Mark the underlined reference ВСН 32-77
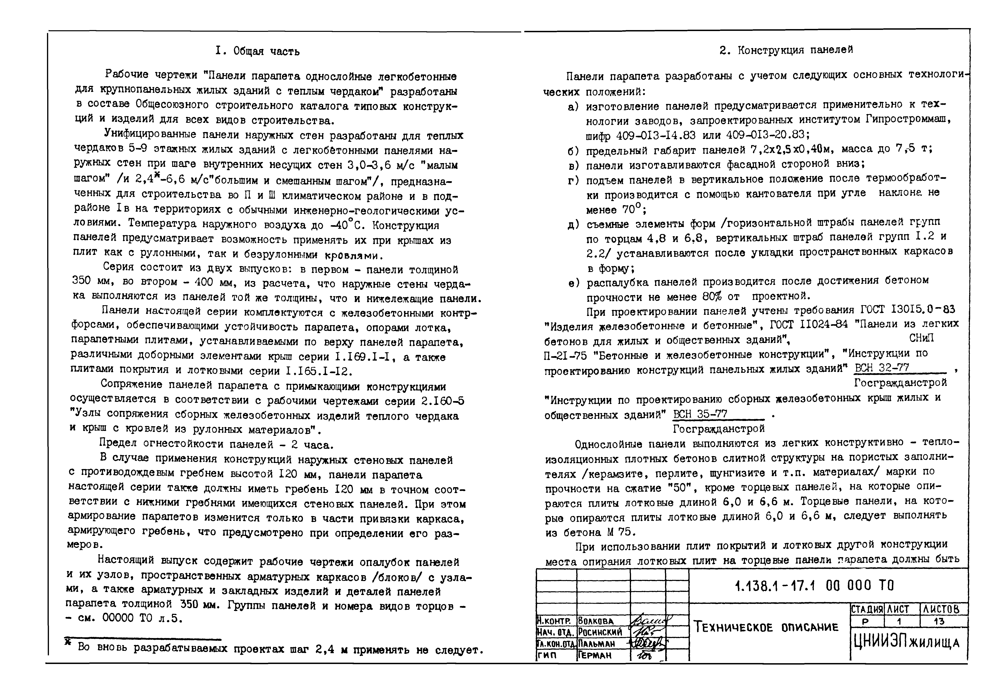point(882,368)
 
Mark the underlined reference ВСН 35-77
point(700,414)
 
